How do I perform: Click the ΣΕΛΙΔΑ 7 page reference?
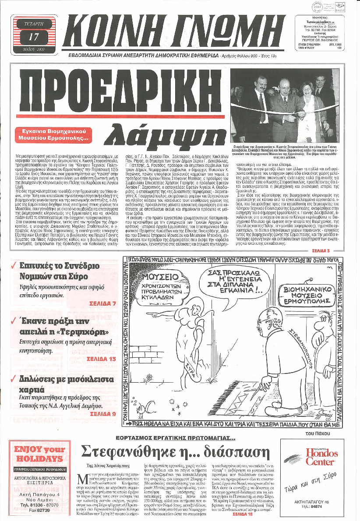coord(102,303)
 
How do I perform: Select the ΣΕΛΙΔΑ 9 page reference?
coord(102,413)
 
